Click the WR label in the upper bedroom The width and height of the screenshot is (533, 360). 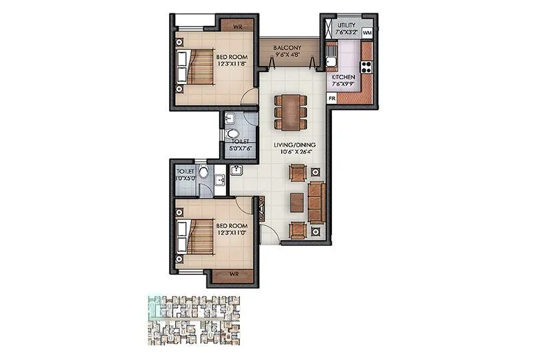pyautogui.click(x=237, y=27)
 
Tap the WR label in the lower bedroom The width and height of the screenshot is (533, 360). pyautogui.click(x=233, y=274)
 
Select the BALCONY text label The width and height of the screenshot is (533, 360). pyautogui.click(x=286, y=48)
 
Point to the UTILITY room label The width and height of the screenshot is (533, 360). pyautogui.click(x=348, y=25)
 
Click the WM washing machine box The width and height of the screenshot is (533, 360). pyautogui.click(x=366, y=33)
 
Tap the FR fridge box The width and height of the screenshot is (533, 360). pyautogui.click(x=331, y=98)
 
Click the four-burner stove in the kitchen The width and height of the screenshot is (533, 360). pyautogui.click(x=366, y=66)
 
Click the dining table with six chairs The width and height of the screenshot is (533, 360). pyautogui.click(x=290, y=111)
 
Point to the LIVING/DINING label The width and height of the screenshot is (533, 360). pyautogui.click(x=294, y=145)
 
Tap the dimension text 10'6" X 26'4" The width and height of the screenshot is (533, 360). pyautogui.click(x=294, y=152)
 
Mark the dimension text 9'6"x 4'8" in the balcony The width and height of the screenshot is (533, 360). pyautogui.click(x=286, y=56)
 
